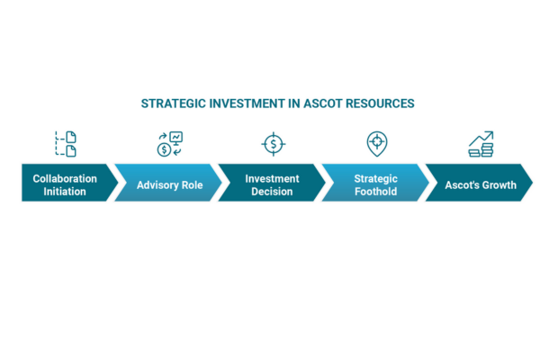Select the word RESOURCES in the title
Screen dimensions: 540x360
[380, 103]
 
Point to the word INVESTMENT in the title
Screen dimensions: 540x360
[247, 103]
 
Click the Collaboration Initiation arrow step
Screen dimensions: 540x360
[68, 183]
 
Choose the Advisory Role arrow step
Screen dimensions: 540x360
[168, 183]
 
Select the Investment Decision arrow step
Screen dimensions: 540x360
[272, 183]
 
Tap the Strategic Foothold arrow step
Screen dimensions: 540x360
[375, 183]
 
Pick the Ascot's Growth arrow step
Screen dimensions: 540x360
[480, 183]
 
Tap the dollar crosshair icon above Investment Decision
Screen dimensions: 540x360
[274, 144]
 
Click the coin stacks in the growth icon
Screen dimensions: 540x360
[481, 151]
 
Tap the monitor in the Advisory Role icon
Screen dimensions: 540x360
[176, 138]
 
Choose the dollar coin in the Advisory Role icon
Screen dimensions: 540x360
[165, 150]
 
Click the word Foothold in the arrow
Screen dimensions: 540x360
[375, 192]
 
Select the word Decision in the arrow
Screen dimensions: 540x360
[272, 192]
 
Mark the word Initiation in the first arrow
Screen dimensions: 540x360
[65, 192]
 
